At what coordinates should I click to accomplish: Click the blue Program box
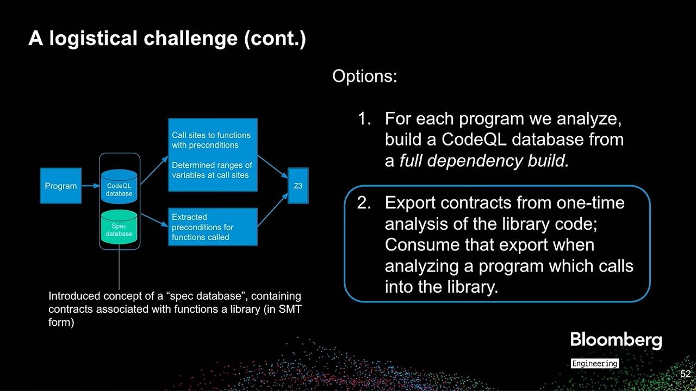coord(60,186)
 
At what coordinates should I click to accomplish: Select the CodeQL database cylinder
coord(119,186)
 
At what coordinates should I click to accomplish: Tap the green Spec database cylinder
coord(119,228)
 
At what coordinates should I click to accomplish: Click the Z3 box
coord(298,186)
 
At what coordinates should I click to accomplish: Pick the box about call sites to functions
coord(212,155)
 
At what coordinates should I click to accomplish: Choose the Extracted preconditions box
coord(212,227)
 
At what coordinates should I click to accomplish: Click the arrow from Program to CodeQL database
coord(90,186)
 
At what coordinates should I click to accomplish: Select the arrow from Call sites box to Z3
coord(272,166)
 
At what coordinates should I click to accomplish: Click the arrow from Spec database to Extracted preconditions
coord(153,220)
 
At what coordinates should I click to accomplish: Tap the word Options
coord(364,76)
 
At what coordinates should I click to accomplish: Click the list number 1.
coord(364,118)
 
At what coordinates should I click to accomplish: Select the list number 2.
coord(364,203)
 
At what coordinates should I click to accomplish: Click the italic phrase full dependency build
coord(484,161)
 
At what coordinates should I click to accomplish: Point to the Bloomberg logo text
coord(616,340)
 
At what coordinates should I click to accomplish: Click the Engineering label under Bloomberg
coord(594,363)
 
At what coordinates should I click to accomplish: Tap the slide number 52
coord(685,374)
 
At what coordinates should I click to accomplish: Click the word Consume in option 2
coord(422,245)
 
